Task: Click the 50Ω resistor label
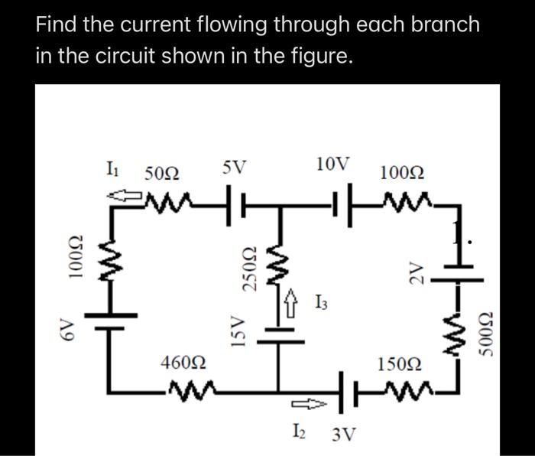point(162,174)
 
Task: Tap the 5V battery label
point(235,165)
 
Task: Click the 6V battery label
point(68,330)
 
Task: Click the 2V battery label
point(415,269)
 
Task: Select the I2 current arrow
point(306,402)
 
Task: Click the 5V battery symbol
point(235,204)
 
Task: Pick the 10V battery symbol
point(342,204)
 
